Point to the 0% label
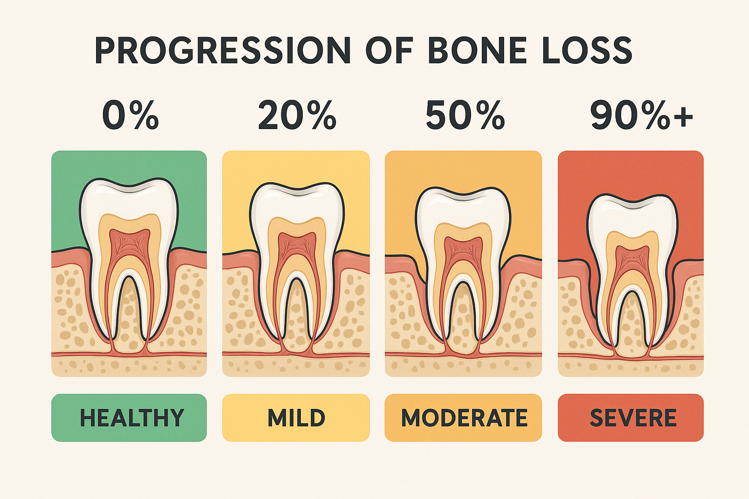click(x=130, y=115)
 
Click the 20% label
click(x=297, y=115)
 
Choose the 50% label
click(x=465, y=115)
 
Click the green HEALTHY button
click(x=129, y=418)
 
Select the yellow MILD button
click(x=296, y=418)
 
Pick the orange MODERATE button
click(x=463, y=418)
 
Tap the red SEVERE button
click(x=631, y=418)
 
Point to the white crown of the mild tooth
click(x=296, y=202)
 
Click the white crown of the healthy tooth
click(x=129, y=197)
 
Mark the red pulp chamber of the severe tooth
click(x=632, y=258)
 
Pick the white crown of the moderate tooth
click(x=463, y=207)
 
